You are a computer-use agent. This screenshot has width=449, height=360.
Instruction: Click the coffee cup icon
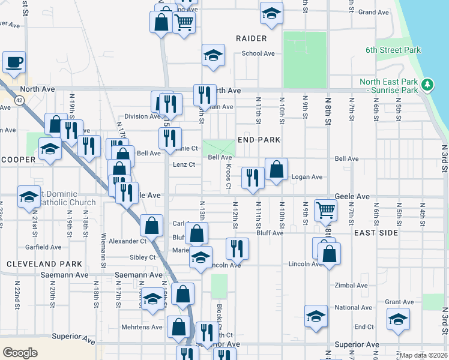[14, 62]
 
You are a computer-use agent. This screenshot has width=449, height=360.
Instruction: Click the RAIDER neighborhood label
[251, 38]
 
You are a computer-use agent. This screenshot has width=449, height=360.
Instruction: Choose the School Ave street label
[258, 53]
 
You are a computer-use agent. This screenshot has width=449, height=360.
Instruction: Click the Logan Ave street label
[307, 177]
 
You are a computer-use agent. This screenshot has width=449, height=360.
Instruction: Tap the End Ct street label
[364, 326]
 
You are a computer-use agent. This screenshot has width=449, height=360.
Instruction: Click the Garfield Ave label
[43, 247]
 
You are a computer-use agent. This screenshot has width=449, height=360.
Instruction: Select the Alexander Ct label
[127, 241]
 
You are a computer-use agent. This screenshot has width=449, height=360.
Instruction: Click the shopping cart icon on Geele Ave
[325, 210]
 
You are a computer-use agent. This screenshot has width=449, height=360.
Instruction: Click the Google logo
[20, 352]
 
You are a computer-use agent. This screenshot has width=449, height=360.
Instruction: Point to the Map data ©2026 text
[423, 355]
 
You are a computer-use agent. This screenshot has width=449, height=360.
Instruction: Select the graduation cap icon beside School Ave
[213, 55]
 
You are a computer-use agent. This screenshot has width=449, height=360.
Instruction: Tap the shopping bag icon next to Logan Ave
[276, 170]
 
